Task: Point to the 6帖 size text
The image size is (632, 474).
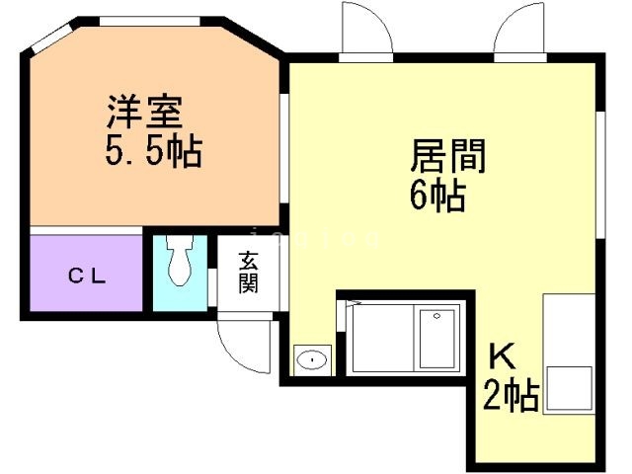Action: [x=437, y=196]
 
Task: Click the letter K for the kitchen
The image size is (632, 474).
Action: [x=503, y=355]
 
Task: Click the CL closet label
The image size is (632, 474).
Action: [x=87, y=276]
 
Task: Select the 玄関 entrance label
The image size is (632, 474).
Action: [x=248, y=274]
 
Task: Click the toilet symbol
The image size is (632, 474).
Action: [x=180, y=263]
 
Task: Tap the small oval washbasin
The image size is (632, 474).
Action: [x=312, y=359]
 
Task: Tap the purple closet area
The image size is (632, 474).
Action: [x=87, y=272]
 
